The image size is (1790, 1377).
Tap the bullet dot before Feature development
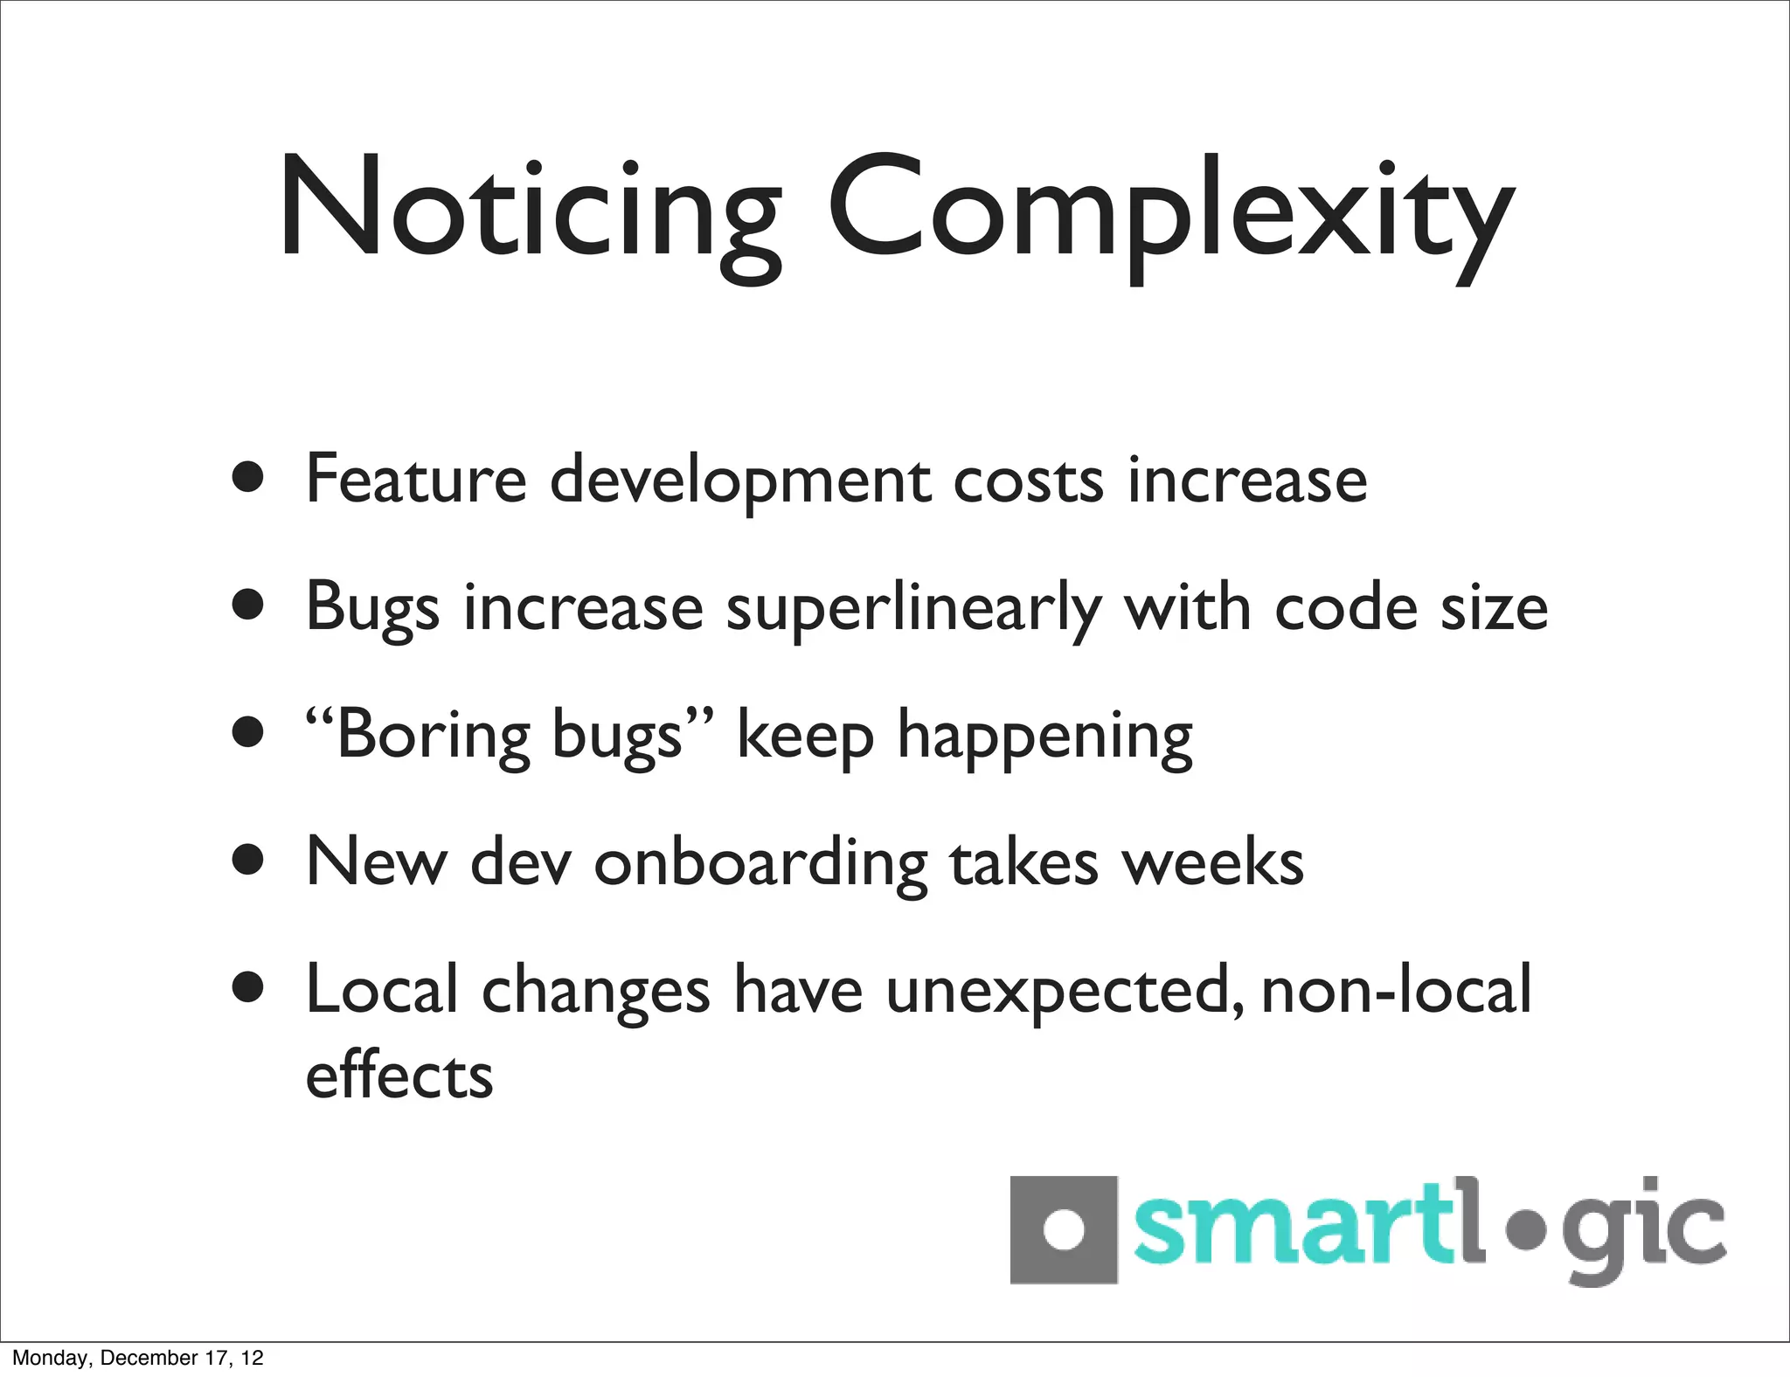[x=248, y=478]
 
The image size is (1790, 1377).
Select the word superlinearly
[x=913, y=608]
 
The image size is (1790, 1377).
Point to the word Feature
[x=416, y=479]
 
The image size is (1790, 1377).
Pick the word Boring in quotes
[x=433, y=736]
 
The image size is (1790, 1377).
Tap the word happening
[x=1044, y=736]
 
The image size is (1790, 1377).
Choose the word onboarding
[x=760, y=863]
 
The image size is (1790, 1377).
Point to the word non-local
[x=1397, y=991]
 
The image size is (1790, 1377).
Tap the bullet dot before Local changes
[x=248, y=988]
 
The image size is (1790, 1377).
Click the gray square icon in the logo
[x=1063, y=1229]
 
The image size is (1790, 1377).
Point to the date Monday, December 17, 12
[x=138, y=1358]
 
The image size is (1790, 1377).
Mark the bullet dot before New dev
[x=248, y=860]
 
